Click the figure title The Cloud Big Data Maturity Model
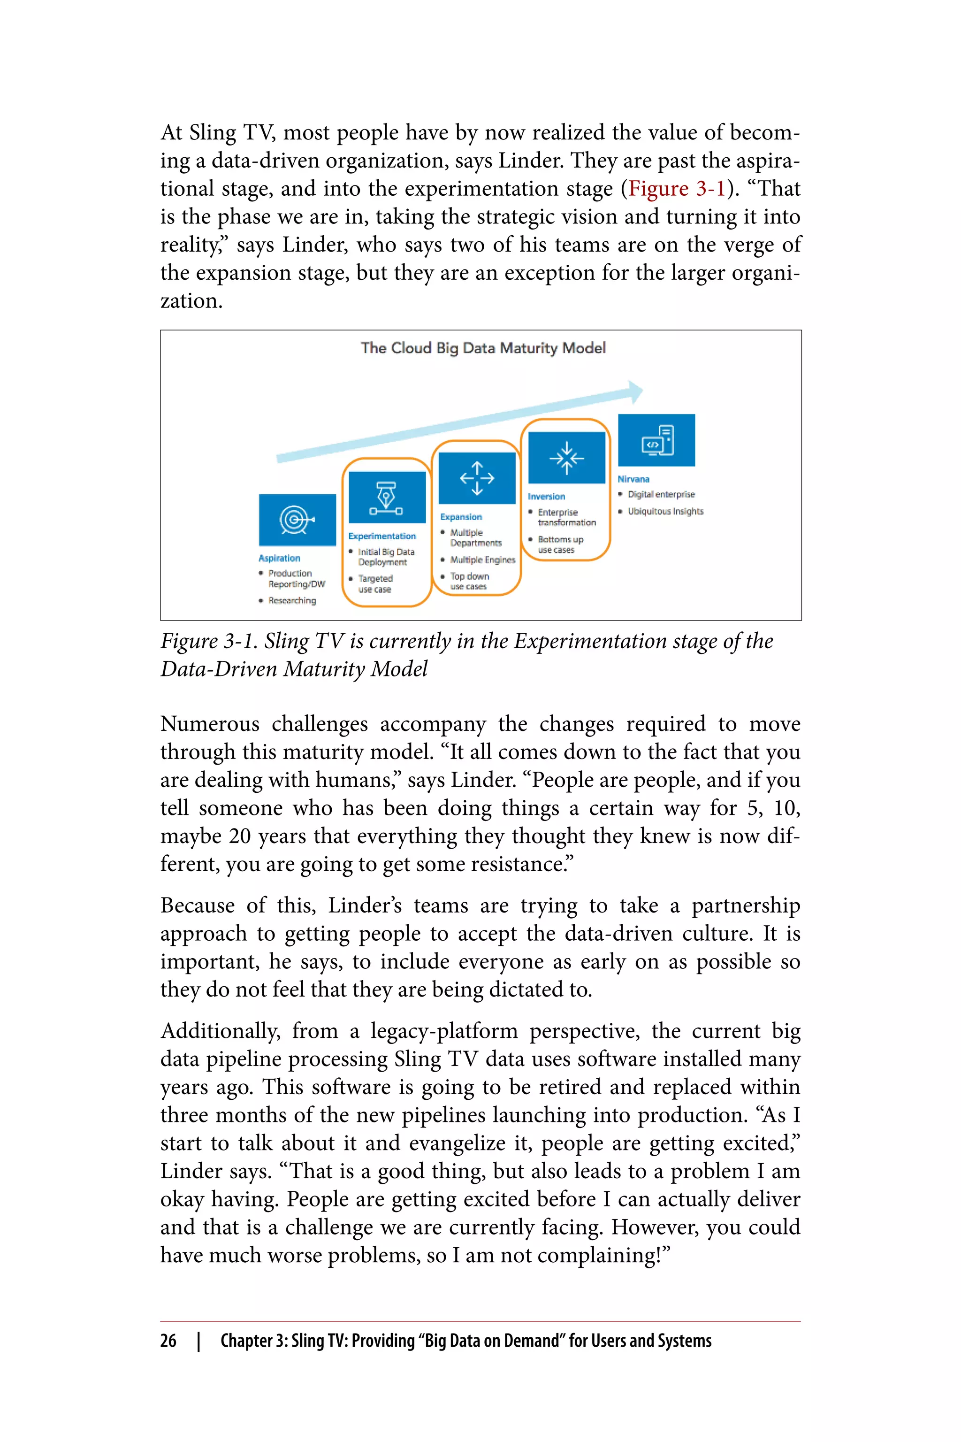click(483, 348)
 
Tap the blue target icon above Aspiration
click(297, 520)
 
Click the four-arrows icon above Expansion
click(477, 478)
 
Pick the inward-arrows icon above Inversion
click(566, 458)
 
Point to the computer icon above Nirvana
click(656, 440)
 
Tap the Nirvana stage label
click(633, 479)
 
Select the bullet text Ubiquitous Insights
click(665, 511)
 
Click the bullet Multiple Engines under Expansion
click(482, 560)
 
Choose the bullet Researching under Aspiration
click(292, 600)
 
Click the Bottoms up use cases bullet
click(560, 545)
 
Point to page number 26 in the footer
click(168, 1341)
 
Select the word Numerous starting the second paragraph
click(210, 724)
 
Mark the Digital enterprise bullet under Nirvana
click(661, 494)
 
